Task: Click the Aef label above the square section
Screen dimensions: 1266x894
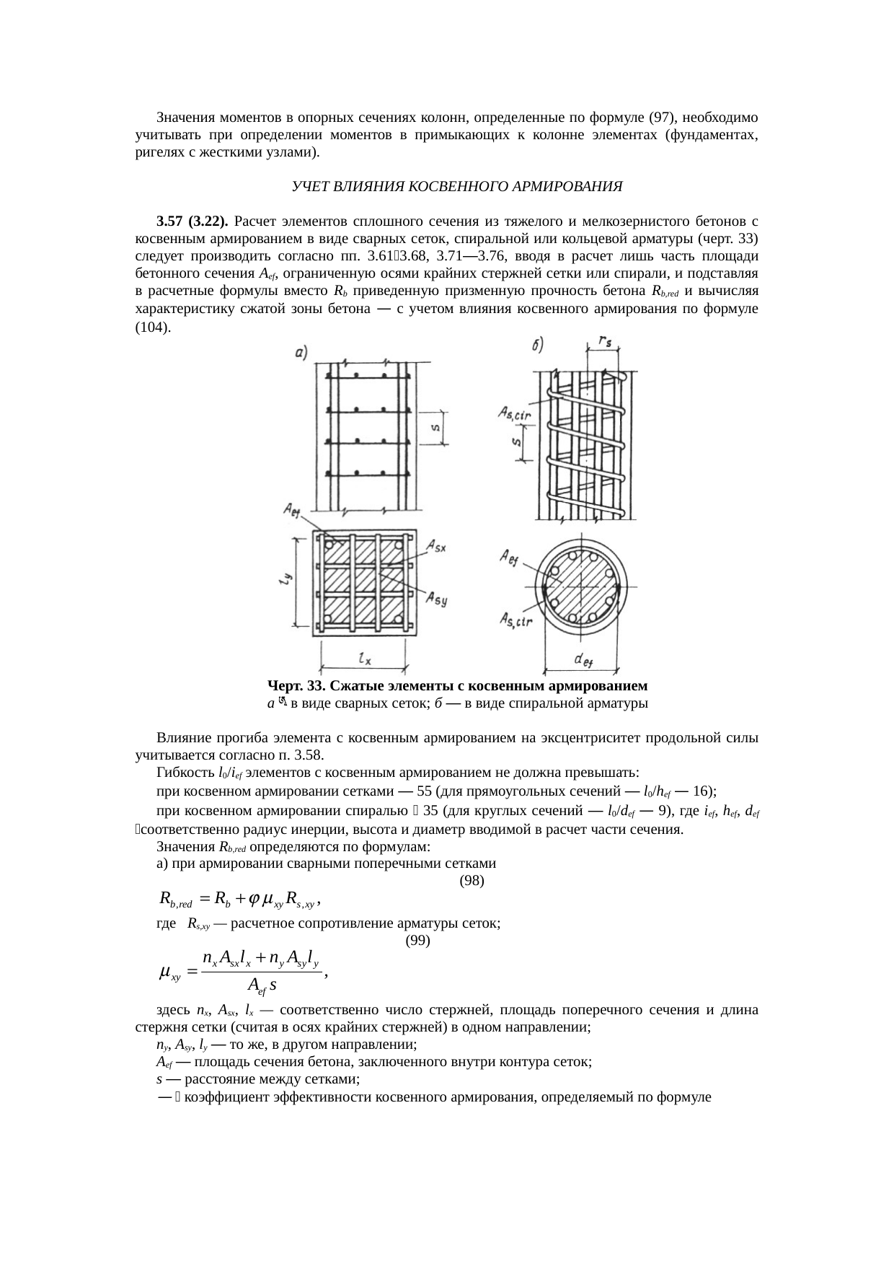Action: [x=293, y=510]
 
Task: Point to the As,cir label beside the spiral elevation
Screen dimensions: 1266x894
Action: [x=514, y=414]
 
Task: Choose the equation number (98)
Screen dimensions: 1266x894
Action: [x=472, y=881]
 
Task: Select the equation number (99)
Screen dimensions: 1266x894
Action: [x=418, y=941]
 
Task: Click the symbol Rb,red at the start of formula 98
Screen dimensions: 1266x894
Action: [x=175, y=900]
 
